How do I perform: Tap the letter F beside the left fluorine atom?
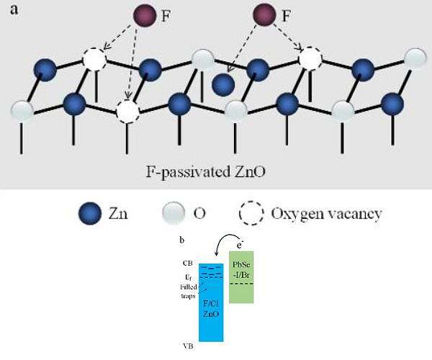tap(166, 15)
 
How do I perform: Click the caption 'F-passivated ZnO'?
tap(215, 172)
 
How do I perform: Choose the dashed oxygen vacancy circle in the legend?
tap(252, 214)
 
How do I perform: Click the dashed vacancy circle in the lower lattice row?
tap(127, 112)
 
